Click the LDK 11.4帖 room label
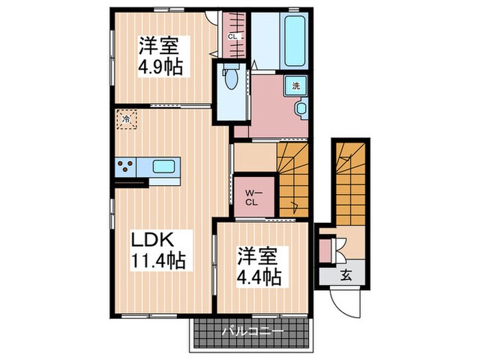click(158, 250)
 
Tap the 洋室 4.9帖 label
click(160, 56)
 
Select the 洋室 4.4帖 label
click(259, 266)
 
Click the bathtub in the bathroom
click(296, 40)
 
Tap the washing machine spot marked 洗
click(296, 86)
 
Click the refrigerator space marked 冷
click(126, 119)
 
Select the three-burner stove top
click(125, 167)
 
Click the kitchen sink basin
click(164, 167)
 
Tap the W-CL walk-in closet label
click(253, 197)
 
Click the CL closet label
click(232, 37)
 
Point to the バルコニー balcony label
click(252, 331)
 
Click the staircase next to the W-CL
click(293, 180)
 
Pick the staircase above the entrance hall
click(351, 184)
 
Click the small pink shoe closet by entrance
click(325, 250)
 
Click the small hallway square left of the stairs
click(255, 157)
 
